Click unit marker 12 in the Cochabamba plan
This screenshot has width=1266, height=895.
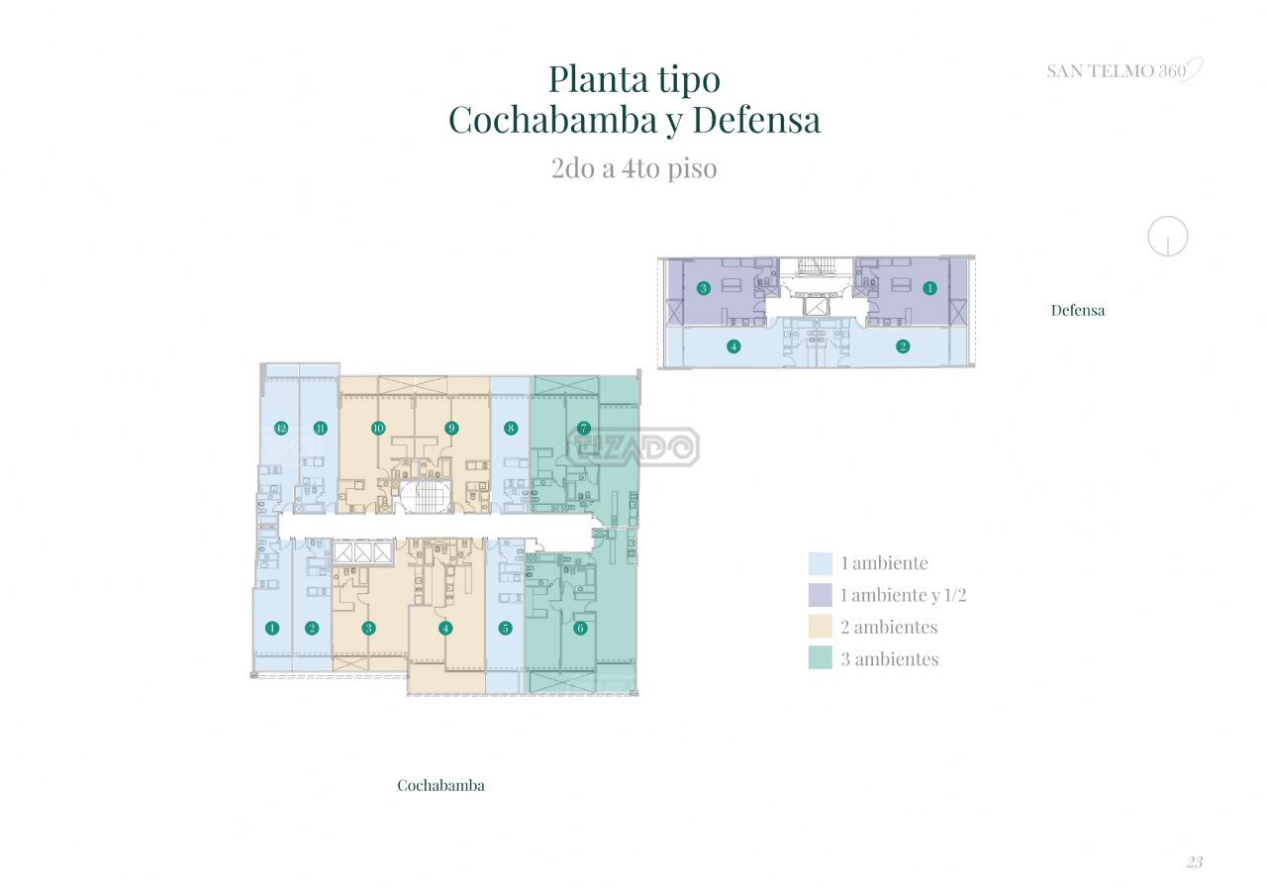281,428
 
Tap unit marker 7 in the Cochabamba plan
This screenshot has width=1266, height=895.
584,428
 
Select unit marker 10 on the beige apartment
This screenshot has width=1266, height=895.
378,428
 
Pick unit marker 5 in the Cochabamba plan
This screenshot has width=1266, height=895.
505,628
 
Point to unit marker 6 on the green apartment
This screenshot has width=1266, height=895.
580,628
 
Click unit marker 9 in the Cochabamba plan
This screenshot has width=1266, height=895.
451,428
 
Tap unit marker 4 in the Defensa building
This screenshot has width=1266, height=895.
733,346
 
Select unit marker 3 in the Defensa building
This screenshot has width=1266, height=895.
704,288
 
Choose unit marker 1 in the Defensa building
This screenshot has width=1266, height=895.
929,288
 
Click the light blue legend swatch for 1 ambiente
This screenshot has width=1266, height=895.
820,563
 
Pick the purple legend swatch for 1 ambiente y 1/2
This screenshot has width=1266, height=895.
820,595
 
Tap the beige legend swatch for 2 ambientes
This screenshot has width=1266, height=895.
820,627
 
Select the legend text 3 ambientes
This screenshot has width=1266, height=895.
890,658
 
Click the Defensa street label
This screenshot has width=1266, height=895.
1078,310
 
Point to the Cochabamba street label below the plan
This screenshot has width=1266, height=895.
440,785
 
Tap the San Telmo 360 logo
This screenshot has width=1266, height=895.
1124,70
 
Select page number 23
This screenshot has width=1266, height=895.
1194,862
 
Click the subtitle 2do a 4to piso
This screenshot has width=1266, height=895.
634,168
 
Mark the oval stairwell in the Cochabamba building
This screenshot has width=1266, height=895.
427,498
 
